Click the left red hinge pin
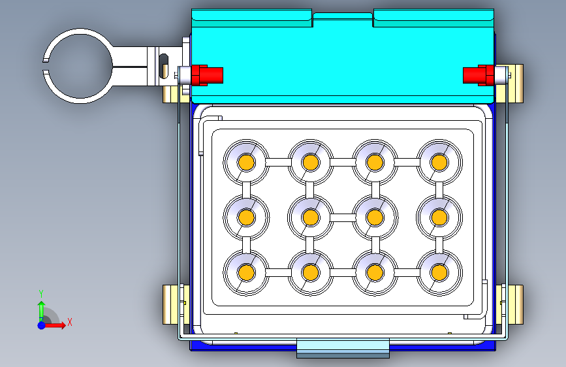pyautogui.click(x=207, y=76)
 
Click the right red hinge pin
pyautogui.click(x=479, y=76)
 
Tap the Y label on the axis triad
pyautogui.click(x=41, y=294)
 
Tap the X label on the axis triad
pyautogui.click(x=70, y=322)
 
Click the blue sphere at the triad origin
pyautogui.click(x=42, y=325)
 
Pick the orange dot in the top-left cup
pyautogui.click(x=247, y=162)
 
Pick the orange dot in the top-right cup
pyautogui.click(x=439, y=162)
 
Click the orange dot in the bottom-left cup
pyautogui.click(x=247, y=272)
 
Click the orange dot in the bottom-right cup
pyautogui.click(x=439, y=272)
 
